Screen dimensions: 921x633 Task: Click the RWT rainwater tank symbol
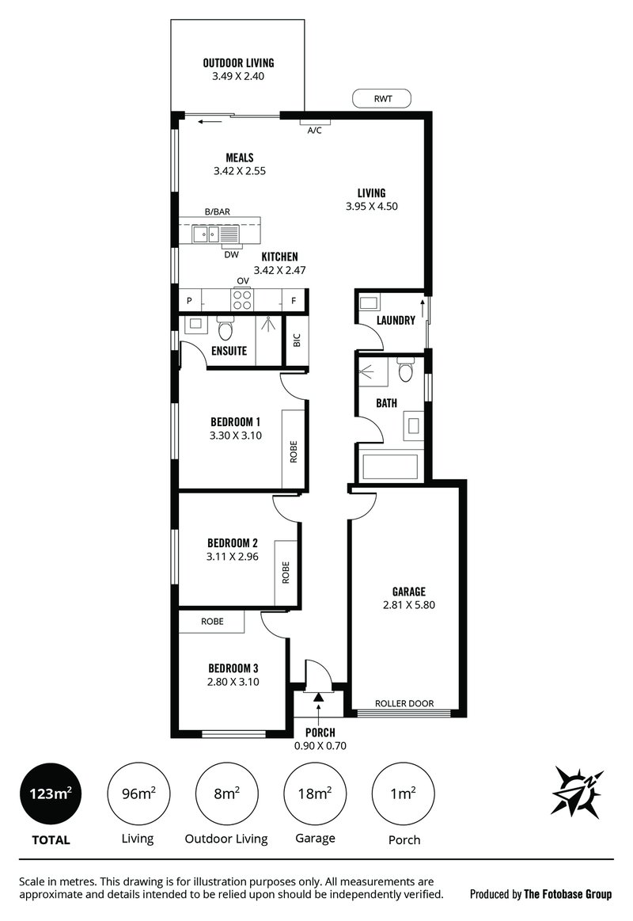[x=382, y=99]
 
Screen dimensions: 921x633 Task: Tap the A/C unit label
[x=314, y=131]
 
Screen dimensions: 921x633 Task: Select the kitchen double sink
[x=208, y=234]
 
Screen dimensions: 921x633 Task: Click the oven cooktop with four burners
[x=242, y=300]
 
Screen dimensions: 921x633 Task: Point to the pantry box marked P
[x=189, y=301]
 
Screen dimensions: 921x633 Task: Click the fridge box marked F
[x=294, y=301]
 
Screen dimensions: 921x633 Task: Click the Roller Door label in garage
[x=404, y=702]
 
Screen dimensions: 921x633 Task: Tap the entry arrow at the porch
[x=319, y=697]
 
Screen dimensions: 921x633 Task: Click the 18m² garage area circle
[x=314, y=793]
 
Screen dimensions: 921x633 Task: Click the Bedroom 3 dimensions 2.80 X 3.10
[x=233, y=681]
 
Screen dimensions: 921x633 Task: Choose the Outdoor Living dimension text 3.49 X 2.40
[x=237, y=77]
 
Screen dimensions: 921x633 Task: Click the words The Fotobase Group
[x=567, y=894]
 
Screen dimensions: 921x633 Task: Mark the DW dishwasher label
[x=231, y=254]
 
